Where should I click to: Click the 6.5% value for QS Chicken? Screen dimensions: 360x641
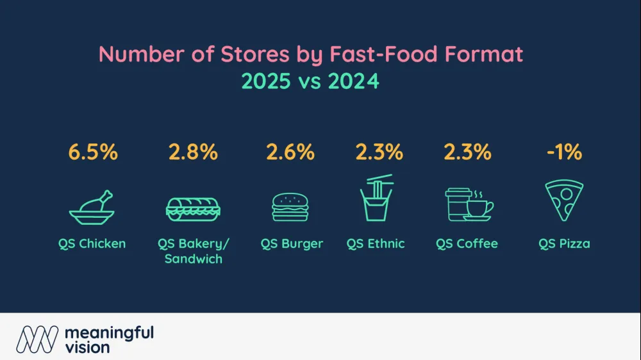pos(92,152)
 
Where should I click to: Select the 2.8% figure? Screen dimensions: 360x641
pos(193,152)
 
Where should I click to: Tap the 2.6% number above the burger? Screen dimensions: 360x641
pos(290,152)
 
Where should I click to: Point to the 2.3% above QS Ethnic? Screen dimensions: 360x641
pos(379,152)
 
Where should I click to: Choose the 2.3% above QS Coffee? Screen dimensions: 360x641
pos(467,152)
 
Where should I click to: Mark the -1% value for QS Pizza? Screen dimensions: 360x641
pos(563,152)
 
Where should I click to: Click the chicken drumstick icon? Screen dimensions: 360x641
pos(92,206)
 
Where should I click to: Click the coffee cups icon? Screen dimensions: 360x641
pos(469,205)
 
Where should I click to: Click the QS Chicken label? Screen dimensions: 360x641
pos(92,243)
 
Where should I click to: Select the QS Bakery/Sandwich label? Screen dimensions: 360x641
pos(193,251)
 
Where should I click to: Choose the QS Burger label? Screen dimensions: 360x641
pos(292,243)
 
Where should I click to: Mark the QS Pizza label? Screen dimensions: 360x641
pos(564,243)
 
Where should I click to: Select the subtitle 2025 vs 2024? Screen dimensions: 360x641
pos(310,81)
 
